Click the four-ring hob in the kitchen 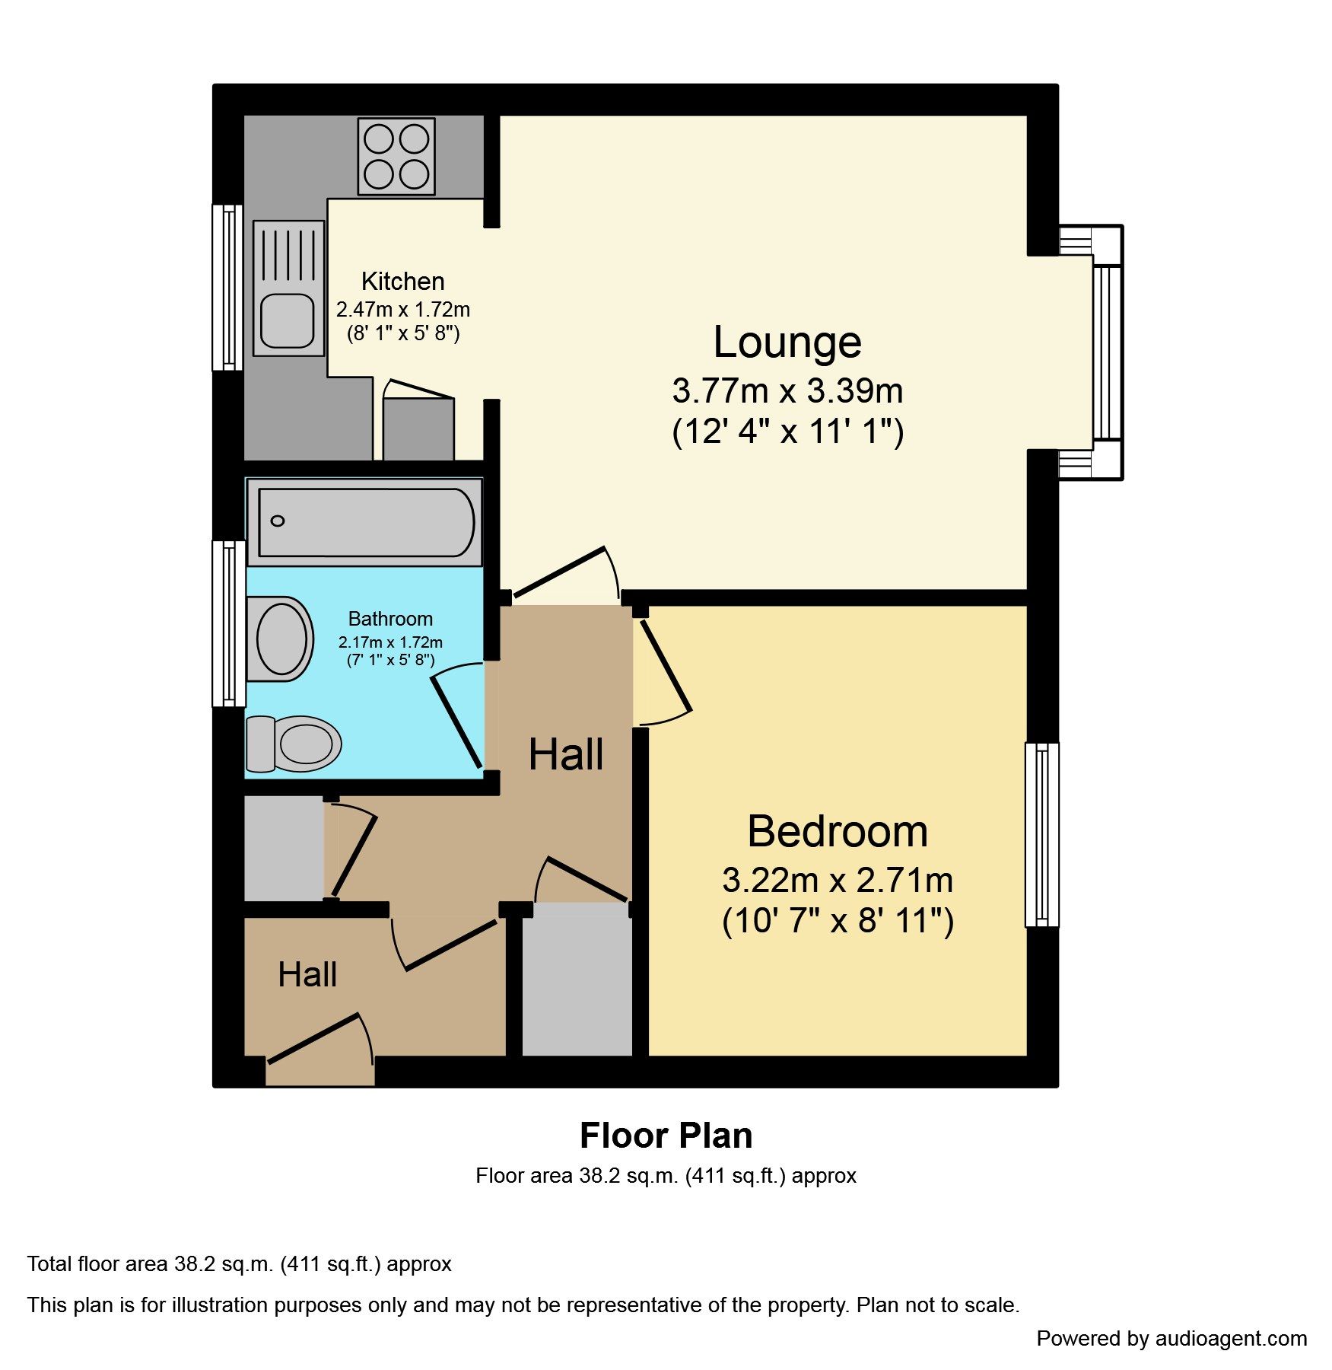(x=396, y=156)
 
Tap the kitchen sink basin (x=288, y=321)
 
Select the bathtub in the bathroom (x=364, y=522)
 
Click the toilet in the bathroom (x=294, y=744)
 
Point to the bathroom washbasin (x=280, y=639)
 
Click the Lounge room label (x=787, y=342)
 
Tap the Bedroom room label (x=838, y=831)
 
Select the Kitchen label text (x=402, y=282)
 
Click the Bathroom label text (x=390, y=619)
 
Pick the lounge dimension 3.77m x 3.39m (x=787, y=391)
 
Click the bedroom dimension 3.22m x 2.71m (x=838, y=881)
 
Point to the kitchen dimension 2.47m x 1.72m (x=403, y=310)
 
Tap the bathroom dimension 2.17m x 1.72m (x=390, y=642)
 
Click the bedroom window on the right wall (x=1042, y=835)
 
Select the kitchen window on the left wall (x=227, y=288)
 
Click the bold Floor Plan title (x=666, y=1136)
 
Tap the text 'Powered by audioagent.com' (x=1171, y=1339)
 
